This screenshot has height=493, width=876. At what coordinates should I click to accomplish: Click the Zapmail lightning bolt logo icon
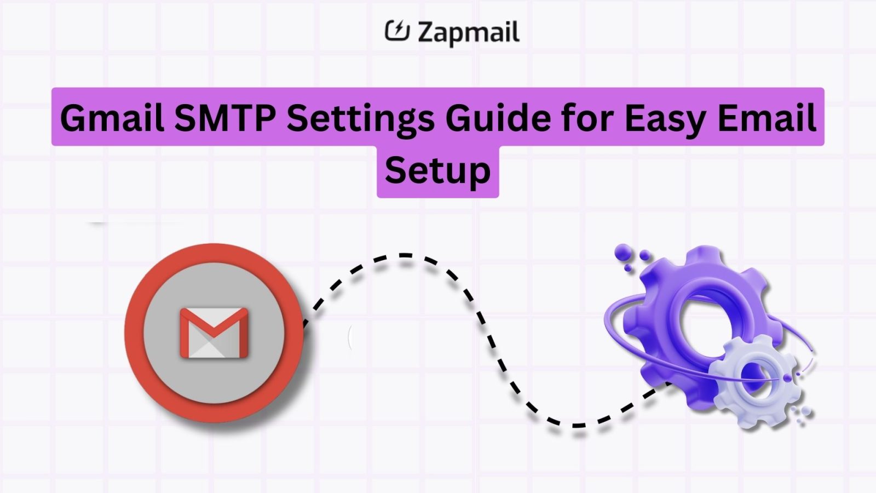(x=397, y=31)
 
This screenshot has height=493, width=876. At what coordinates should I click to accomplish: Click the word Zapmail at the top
(x=468, y=32)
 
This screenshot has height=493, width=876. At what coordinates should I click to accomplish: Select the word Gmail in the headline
(x=112, y=118)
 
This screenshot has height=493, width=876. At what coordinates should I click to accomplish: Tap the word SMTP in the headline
(x=225, y=118)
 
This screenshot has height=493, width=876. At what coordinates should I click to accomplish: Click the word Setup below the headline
(x=437, y=171)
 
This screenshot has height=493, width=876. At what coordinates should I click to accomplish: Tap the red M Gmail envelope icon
(x=214, y=333)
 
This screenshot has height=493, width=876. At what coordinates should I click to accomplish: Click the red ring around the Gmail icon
(x=134, y=333)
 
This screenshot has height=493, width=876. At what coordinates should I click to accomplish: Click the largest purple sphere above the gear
(x=623, y=253)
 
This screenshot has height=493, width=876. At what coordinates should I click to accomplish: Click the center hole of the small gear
(x=757, y=377)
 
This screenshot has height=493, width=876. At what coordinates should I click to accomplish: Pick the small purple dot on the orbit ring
(x=787, y=378)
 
